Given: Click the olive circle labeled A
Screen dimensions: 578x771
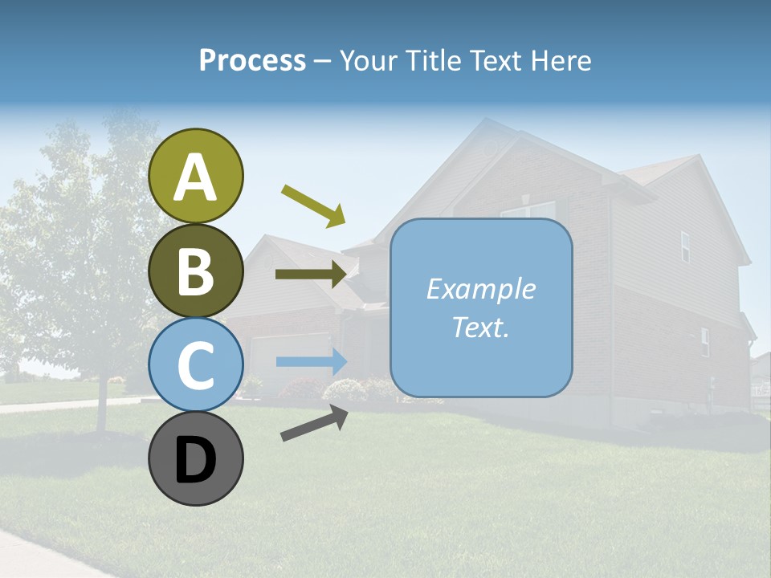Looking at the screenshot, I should click(196, 176).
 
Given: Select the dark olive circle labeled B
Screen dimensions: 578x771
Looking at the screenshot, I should click(196, 271).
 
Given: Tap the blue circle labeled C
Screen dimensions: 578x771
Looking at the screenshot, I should click(196, 365).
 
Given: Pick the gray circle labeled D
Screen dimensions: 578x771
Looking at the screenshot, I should click(196, 459).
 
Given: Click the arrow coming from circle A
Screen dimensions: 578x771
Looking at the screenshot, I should click(313, 204).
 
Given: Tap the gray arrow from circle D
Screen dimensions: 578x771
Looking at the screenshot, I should click(314, 423).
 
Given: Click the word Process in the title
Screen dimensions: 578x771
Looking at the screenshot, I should click(252, 60).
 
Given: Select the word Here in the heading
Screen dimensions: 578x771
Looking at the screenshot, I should click(562, 60).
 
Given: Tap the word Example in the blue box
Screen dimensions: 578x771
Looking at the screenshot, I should click(480, 289).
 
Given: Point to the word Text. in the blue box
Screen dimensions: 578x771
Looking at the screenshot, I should click(480, 327).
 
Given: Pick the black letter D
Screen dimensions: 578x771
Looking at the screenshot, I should click(196, 461).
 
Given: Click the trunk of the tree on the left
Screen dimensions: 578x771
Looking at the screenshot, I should click(102, 405).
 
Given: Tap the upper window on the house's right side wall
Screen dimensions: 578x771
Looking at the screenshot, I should click(685, 246).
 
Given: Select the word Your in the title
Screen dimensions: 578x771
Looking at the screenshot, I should click(369, 60).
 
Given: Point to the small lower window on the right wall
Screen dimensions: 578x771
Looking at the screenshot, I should click(704, 342).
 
